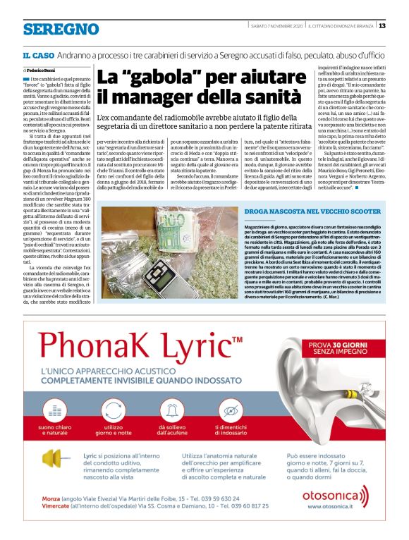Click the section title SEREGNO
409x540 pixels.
(60, 29)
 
